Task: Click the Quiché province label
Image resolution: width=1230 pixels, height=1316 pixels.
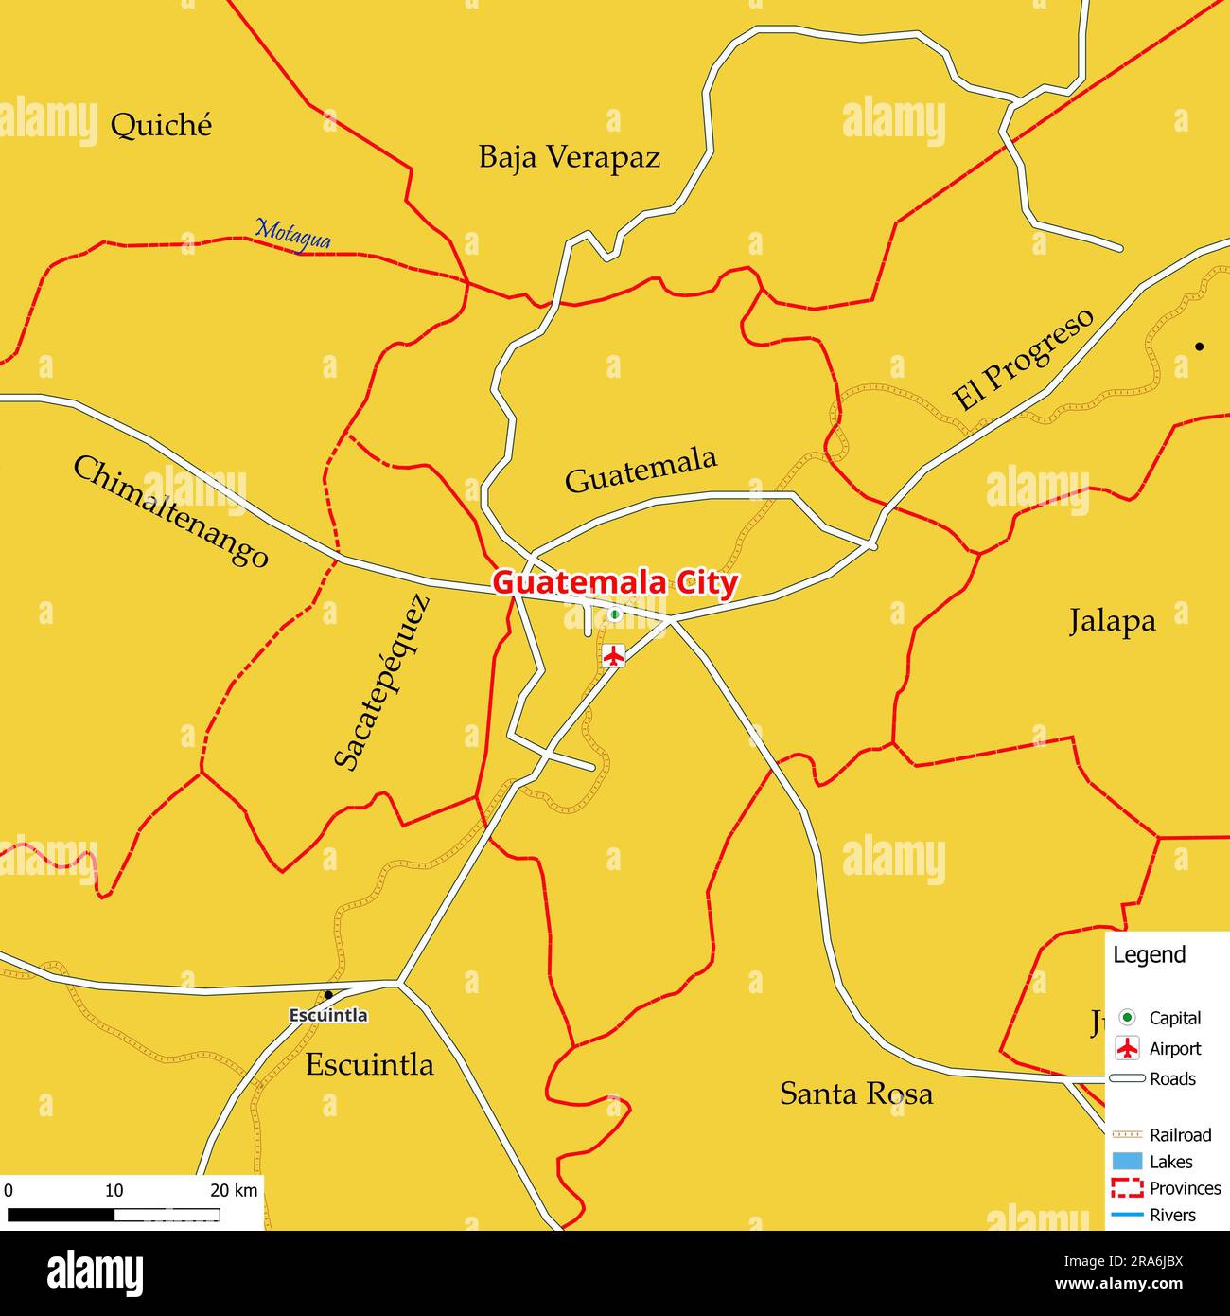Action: [161, 125]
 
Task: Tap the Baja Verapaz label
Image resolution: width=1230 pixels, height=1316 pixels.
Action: [569, 157]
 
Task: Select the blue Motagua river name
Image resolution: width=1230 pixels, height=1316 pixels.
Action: [293, 234]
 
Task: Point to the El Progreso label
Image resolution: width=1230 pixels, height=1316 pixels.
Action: [1022, 359]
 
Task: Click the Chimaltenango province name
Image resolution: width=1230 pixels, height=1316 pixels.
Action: [170, 511]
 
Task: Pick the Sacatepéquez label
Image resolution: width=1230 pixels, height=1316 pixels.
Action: [382, 681]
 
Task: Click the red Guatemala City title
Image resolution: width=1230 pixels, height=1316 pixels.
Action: [614, 582]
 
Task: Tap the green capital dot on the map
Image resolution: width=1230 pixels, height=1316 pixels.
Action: [614, 614]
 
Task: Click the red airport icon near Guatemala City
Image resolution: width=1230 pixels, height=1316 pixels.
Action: [614, 654]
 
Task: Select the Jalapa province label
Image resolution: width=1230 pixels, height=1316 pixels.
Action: [1112, 621]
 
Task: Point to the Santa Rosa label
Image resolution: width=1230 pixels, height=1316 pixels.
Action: [855, 1094]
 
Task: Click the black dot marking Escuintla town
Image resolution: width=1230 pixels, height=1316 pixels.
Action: [327, 995]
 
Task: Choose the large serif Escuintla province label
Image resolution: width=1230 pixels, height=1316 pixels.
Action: [369, 1064]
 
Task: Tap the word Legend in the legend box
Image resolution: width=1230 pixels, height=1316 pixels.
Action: [1149, 954]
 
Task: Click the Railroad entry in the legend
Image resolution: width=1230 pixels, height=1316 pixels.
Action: [1180, 1134]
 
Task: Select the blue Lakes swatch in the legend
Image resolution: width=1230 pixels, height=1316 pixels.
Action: [1127, 1161]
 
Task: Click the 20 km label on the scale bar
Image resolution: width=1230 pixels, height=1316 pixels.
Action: [233, 1190]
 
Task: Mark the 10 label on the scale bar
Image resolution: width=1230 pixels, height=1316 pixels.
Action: [114, 1190]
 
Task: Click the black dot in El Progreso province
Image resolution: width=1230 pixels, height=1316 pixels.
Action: [1199, 347]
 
